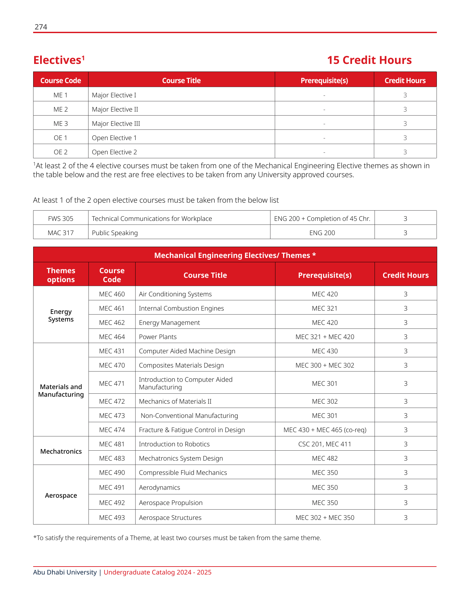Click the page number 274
pos(41,27)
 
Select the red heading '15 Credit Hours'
pos(369,60)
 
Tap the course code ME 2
pos(61,109)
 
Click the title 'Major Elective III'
pos(116,124)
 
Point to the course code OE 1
pos(61,138)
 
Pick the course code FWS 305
pos(61,219)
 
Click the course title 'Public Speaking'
pos(115,233)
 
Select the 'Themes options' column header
pos(61,275)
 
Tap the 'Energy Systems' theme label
pos(61,315)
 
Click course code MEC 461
pos(112,308)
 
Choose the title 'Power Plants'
pos(158,337)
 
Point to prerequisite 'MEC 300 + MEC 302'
pos(325,365)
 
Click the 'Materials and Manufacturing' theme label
pos(61,390)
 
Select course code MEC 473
pos(112,416)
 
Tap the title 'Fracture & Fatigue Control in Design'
pos(192,430)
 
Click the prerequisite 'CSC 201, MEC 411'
pos(325,444)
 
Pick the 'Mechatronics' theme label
pos(61,451)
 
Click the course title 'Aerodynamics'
pos(159,487)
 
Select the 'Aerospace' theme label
pos(61,495)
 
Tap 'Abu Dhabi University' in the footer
pos(65,572)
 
